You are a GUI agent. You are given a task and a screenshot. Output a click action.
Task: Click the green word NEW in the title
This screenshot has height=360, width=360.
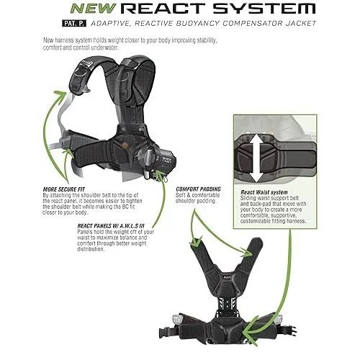click(x=93, y=9)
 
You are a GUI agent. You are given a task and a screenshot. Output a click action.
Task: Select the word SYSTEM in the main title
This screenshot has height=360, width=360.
click(x=264, y=9)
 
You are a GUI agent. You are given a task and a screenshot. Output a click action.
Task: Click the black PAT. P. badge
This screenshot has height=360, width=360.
click(x=74, y=23)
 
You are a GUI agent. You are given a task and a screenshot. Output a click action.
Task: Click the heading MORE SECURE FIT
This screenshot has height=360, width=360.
click(x=64, y=189)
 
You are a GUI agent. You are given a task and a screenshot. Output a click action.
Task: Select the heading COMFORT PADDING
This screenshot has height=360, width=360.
click(x=198, y=189)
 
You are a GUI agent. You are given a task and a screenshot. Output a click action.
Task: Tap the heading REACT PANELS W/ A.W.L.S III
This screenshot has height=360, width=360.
click(x=111, y=226)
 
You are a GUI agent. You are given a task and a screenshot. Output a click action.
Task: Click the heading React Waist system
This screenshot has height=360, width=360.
click(x=264, y=192)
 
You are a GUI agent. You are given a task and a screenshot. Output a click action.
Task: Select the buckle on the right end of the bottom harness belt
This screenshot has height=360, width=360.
click(x=292, y=330)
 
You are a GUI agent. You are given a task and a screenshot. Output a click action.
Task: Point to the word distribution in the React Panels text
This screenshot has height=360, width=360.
click(x=91, y=249)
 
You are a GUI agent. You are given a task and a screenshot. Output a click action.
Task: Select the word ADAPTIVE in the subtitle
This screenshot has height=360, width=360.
click(x=111, y=24)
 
